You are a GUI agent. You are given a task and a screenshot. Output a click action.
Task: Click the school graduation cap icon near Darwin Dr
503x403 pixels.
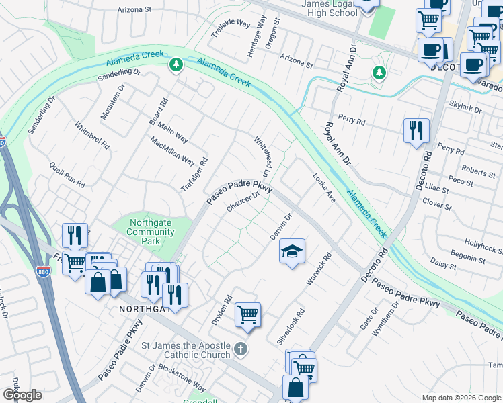click(x=292, y=252)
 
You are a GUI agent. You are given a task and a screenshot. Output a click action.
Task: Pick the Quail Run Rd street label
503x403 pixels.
click(x=67, y=174)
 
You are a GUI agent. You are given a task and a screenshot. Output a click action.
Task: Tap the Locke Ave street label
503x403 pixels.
click(x=324, y=188)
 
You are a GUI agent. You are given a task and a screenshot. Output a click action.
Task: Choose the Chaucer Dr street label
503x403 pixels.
click(x=243, y=201)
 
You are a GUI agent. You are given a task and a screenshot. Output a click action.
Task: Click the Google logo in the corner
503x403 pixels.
click(x=23, y=395)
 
